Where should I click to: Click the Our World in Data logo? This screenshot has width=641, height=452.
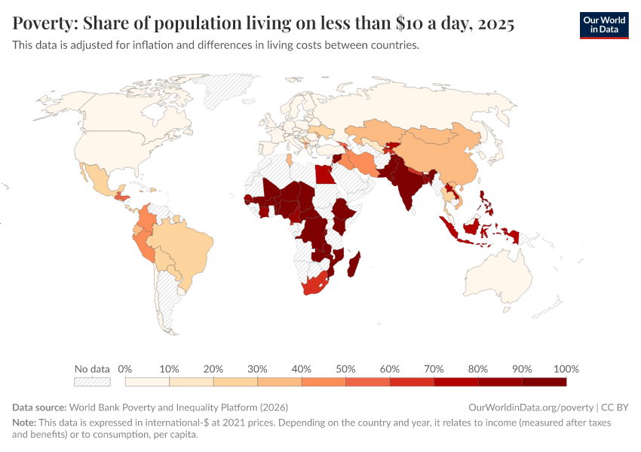(603, 24)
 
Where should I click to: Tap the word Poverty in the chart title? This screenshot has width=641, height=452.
(44, 24)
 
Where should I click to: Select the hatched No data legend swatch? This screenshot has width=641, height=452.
(92, 382)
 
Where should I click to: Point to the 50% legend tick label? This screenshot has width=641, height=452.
(345, 369)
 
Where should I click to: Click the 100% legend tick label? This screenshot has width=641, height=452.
(566, 369)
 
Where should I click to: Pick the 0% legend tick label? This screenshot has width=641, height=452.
(125, 369)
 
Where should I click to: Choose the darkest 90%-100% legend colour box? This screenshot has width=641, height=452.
(544, 382)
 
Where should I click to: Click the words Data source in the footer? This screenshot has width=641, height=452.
(39, 407)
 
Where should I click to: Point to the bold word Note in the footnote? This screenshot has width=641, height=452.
(25, 423)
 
